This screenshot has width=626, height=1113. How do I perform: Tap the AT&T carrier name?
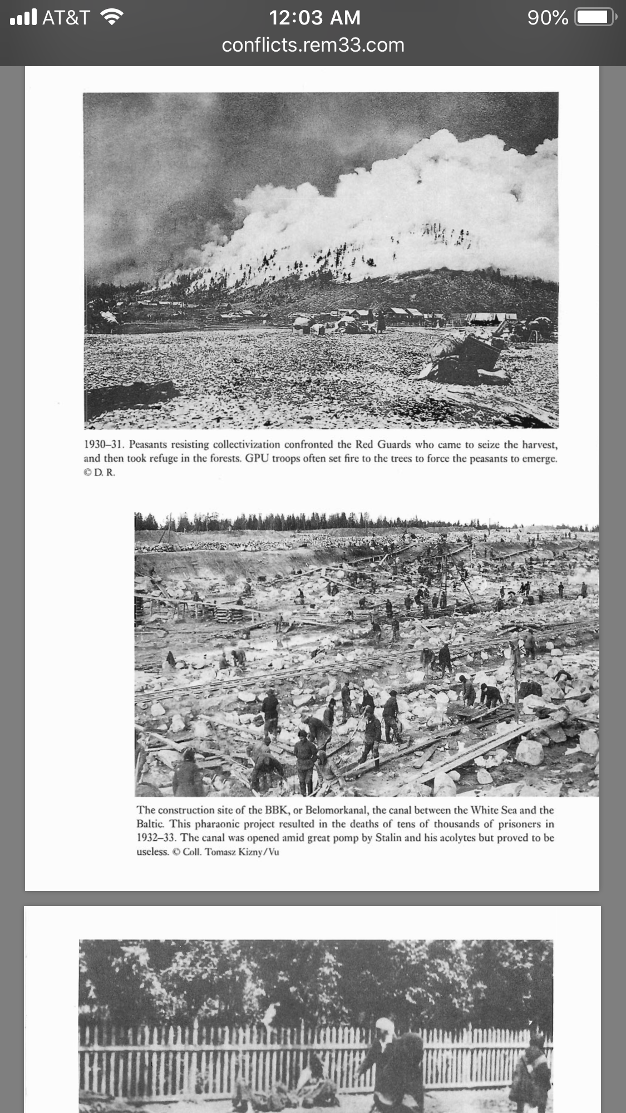point(66,18)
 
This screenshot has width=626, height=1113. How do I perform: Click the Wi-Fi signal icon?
point(112,18)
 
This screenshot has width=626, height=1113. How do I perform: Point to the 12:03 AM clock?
point(314,18)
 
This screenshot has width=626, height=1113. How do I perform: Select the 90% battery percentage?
point(548,18)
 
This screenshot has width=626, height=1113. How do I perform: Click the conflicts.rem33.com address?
point(313,45)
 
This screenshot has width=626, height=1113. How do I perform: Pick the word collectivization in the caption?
point(246,445)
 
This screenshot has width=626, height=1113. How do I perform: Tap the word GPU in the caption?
point(257,459)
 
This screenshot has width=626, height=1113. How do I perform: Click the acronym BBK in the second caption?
point(277,810)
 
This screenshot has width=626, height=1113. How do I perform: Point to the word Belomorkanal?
point(336,810)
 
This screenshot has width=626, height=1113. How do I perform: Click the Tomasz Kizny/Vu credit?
point(241,852)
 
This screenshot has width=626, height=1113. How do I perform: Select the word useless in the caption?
point(152,852)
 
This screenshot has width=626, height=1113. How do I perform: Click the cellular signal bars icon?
point(23,18)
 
